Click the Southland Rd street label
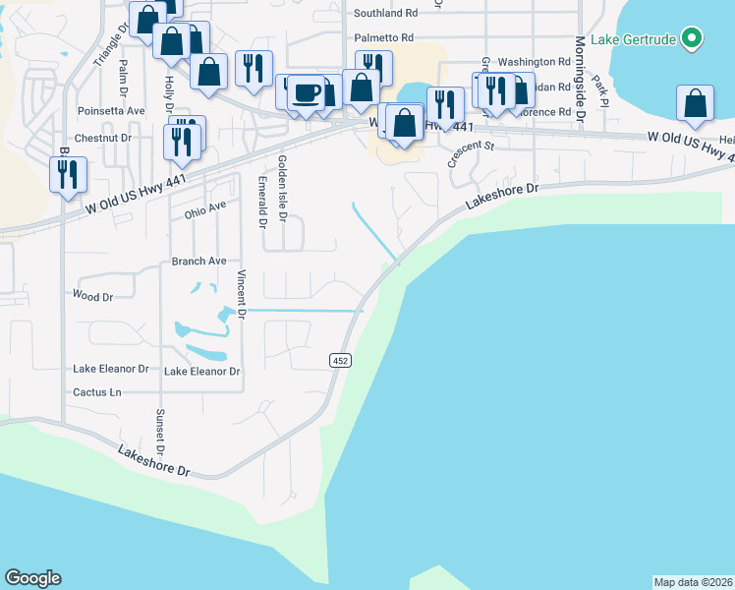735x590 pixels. tap(385, 14)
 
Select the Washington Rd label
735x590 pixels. tap(534, 62)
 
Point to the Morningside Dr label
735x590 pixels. tap(581, 79)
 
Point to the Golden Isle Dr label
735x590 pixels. tap(282, 187)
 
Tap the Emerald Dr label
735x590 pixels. tap(262, 203)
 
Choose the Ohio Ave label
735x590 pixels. tap(204, 210)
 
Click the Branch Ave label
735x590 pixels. tap(198, 262)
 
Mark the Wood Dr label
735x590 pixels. tap(93, 296)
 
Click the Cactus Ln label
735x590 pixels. tap(96, 392)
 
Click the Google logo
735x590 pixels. tap(32, 579)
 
